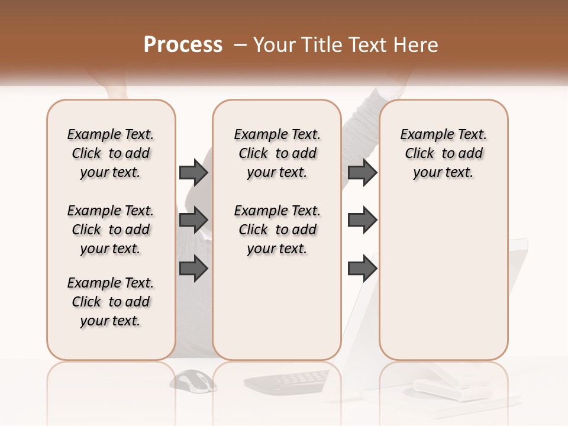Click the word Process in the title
183,45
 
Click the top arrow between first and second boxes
193,172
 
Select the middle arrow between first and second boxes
193,220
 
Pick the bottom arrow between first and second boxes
193,269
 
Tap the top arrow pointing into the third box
362,172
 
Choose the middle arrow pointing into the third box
362,220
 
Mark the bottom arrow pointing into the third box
362,269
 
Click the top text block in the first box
111,153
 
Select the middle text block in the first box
111,230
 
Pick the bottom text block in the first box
111,302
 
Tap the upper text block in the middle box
277,153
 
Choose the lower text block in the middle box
277,230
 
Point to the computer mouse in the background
196,380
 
